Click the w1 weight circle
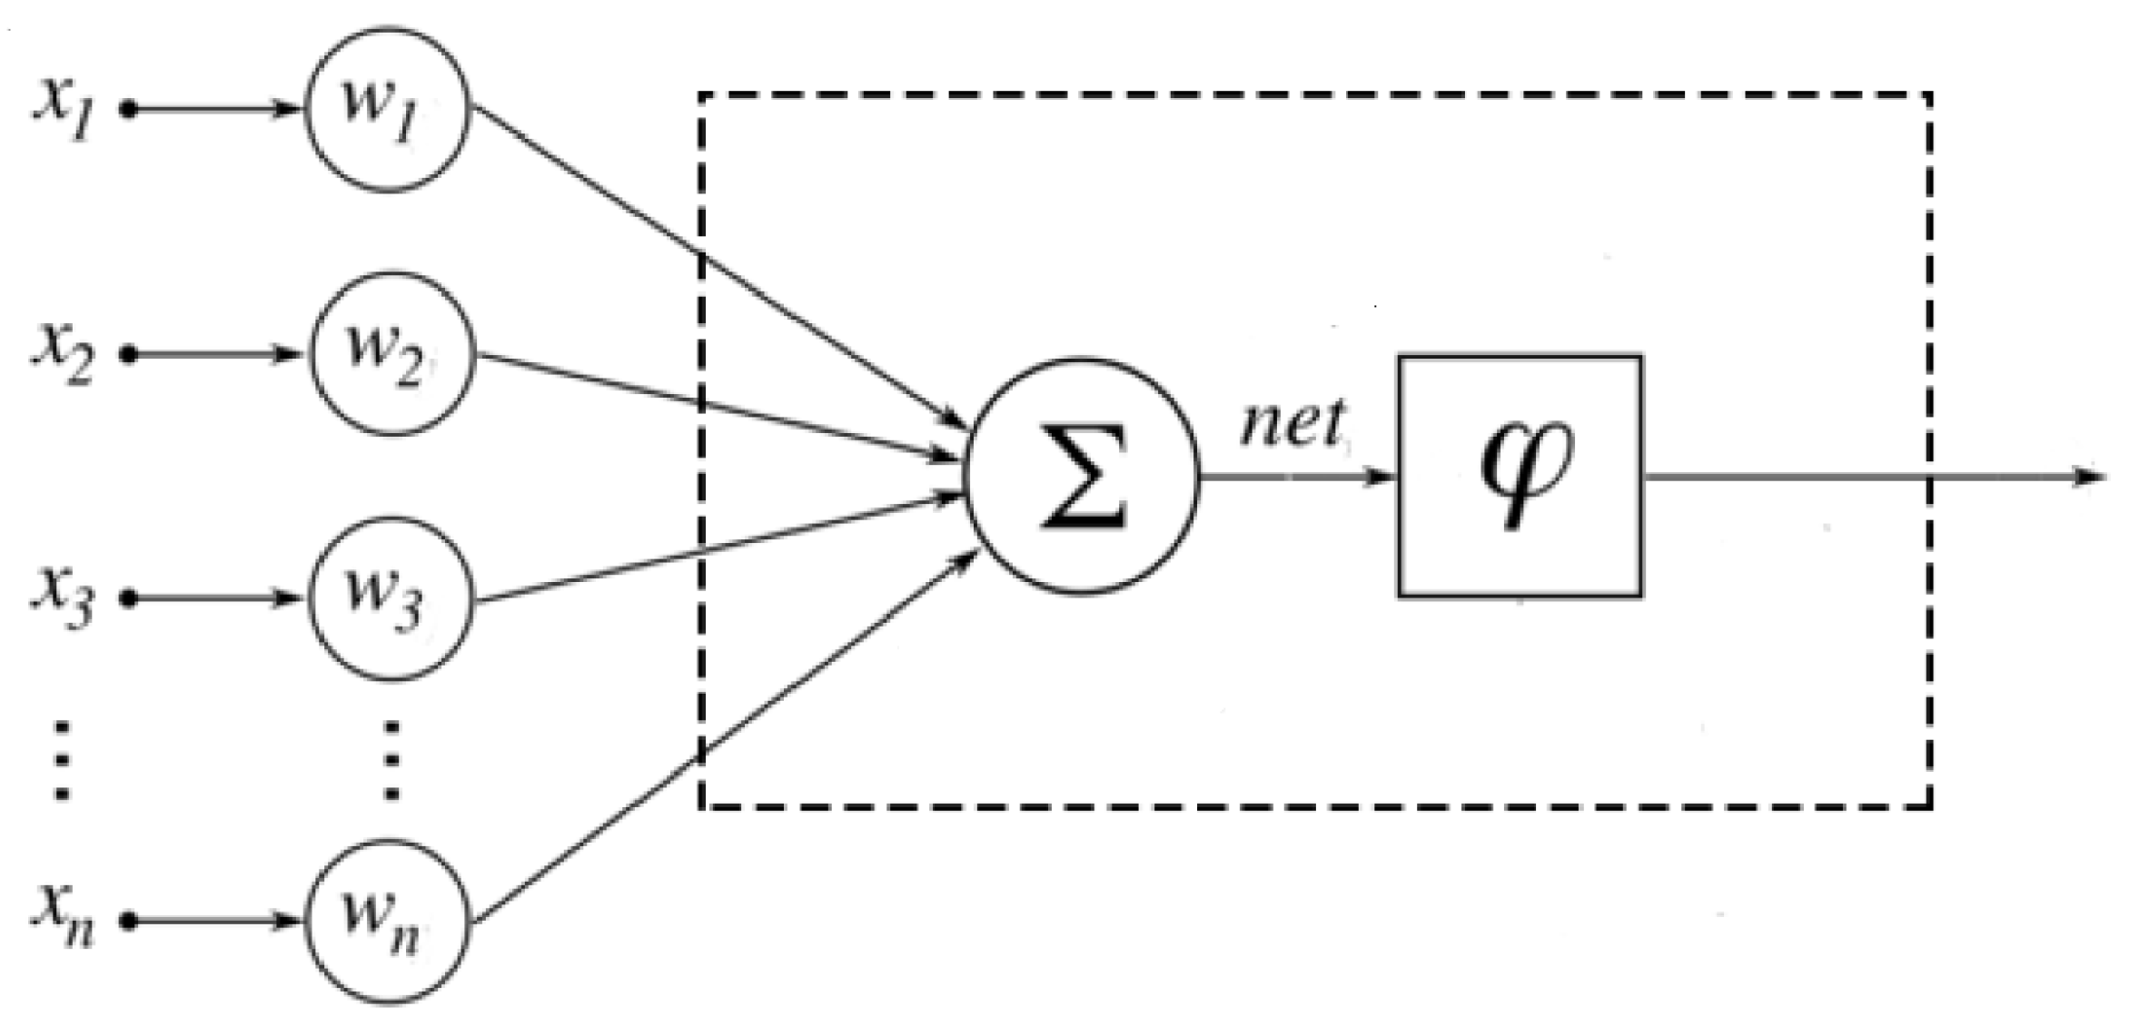coord(387,109)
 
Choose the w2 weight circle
coord(392,353)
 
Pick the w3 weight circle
coord(391,598)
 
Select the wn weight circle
coord(387,922)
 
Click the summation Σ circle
coord(1082,477)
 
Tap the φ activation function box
coord(1520,476)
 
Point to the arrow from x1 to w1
coord(213,110)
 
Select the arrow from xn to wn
coord(213,922)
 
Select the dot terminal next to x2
coord(129,354)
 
